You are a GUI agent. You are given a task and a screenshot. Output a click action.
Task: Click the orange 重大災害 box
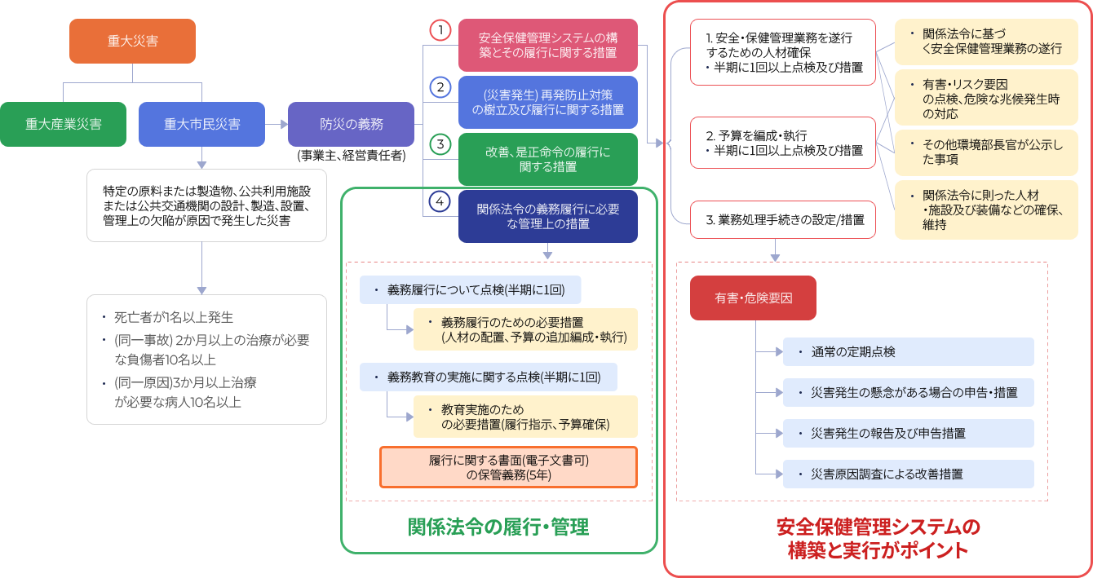(132, 41)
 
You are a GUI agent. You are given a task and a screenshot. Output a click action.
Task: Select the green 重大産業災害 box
(63, 125)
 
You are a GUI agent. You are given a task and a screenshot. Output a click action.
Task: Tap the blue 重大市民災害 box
(201, 125)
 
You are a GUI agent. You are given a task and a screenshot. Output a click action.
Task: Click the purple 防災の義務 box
(351, 125)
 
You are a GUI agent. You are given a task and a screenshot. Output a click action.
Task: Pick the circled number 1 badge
(440, 31)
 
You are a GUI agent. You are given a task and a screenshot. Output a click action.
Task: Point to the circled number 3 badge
(440, 145)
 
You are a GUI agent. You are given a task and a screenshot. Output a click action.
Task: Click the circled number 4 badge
(440, 201)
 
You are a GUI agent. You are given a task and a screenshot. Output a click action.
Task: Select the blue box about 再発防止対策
(547, 102)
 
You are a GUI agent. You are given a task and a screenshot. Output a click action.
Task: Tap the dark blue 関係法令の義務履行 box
(547, 216)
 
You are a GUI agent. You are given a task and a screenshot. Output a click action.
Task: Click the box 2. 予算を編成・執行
(783, 142)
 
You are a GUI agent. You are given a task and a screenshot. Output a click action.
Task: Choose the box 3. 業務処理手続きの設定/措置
(783, 218)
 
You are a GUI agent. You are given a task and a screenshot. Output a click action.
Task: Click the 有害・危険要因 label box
(753, 298)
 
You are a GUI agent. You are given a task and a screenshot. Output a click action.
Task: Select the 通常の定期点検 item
(908, 352)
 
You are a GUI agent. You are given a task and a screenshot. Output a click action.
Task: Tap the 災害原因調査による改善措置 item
(908, 474)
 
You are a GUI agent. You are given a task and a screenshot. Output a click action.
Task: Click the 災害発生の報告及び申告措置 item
(908, 434)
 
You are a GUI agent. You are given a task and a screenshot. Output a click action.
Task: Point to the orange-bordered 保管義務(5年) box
(508, 467)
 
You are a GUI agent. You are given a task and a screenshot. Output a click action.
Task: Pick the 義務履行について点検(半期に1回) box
(475, 290)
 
